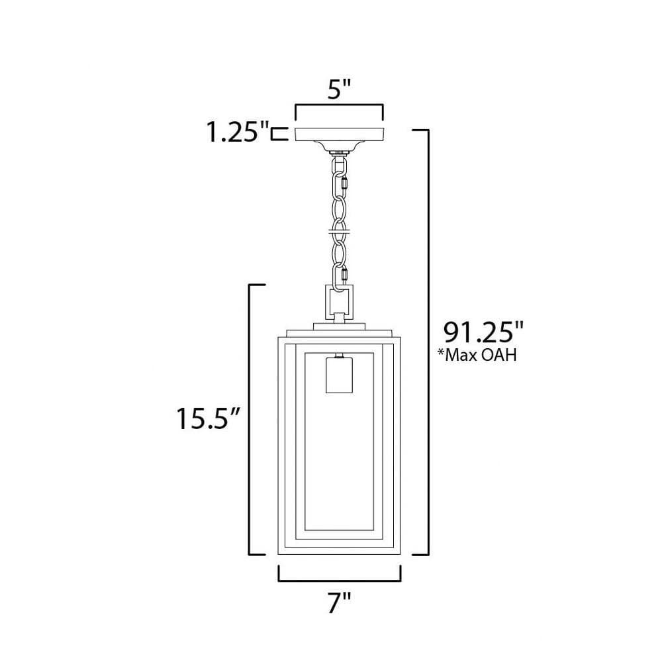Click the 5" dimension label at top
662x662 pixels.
[339, 89]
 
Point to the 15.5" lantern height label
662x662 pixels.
[208, 418]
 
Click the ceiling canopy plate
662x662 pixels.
[339, 135]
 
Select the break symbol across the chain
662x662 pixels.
[339, 232]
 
